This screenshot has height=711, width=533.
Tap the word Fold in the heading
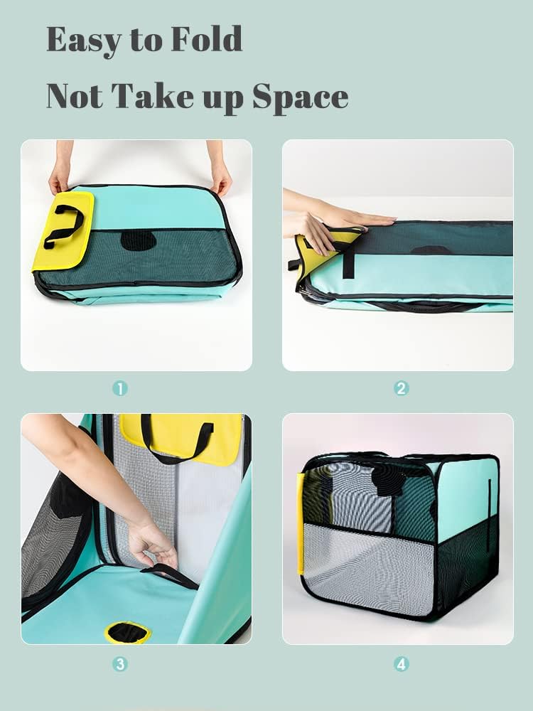207,39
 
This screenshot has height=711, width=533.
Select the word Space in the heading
301,97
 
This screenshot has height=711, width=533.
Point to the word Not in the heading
75,96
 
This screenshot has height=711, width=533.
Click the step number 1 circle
120,389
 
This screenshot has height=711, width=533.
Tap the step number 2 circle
401,389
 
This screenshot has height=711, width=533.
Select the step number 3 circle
120,664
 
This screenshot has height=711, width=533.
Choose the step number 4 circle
401,664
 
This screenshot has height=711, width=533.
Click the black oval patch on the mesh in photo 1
139,240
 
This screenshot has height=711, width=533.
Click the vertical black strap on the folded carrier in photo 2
348,260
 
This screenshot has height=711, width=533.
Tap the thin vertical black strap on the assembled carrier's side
489,515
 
